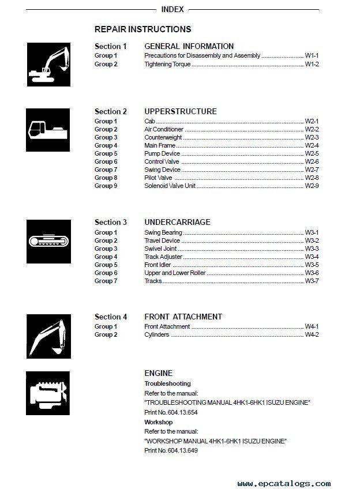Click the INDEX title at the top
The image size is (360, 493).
(172, 9)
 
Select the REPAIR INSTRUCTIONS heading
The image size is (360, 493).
(142, 29)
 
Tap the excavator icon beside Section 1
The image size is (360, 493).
(48, 65)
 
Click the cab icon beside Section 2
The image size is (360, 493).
(48, 130)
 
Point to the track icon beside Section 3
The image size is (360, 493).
(48, 241)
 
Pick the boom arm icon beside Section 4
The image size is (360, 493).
(48, 336)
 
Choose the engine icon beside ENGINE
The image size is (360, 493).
(48, 394)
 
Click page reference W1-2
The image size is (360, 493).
(312, 64)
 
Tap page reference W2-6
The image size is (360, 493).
(312, 162)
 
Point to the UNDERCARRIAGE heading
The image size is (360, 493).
(177, 222)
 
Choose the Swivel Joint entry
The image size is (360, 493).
(160, 249)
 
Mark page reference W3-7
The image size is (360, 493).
(312, 281)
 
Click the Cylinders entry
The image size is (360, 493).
(156, 334)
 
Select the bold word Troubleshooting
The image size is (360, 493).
(167, 383)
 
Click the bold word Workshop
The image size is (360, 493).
(158, 422)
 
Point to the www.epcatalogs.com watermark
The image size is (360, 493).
(284, 484)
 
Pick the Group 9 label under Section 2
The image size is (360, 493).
(106, 186)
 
